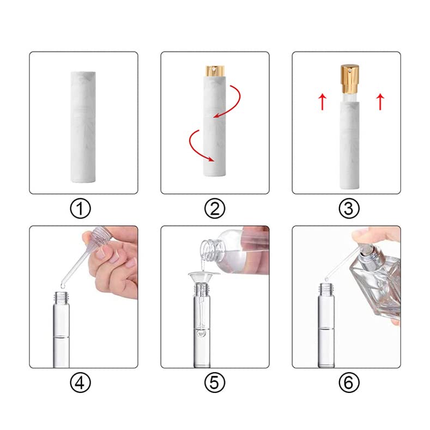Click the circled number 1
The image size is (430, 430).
pyautogui.click(x=80, y=208)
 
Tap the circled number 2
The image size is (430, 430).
pyautogui.click(x=215, y=208)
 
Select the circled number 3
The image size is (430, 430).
pyautogui.click(x=349, y=208)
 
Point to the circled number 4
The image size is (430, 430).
pyautogui.click(x=80, y=383)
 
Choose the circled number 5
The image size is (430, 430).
pyautogui.click(x=215, y=383)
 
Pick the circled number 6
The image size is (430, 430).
pyautogui.click(x=349, y=383)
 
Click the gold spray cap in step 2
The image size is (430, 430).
pyautogui.click(x=215, y=71)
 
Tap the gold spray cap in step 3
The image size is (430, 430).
pyautogui.click(x=350, y=78)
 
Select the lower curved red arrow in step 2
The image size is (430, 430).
pyautogui.click(x=191, y=146)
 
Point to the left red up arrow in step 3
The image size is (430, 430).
pyautogui.click(x=323, y=102)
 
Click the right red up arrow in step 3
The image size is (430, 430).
pyautogui.click(x=380, y=102)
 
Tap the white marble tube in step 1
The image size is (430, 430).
pyautogui.click(x=83, y=127)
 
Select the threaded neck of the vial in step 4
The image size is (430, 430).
pyautogui.click(x=62, y=297)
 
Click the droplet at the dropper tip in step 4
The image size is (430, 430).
pyautogui.click(x=63, y=286)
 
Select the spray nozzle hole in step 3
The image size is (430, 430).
pyautogui.click(x=350, y=71)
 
